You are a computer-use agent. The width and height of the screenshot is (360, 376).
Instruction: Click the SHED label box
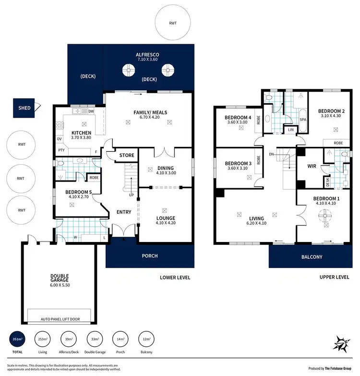(x=24, y=108)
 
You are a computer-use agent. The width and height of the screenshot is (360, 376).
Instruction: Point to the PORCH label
(x=149, y=256)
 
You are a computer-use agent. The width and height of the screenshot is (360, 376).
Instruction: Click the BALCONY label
(x=312, y=257)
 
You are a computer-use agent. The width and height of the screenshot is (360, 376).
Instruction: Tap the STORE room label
(x=126, y=155)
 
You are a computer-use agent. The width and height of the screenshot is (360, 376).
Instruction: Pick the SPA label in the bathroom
(x=303, y=119)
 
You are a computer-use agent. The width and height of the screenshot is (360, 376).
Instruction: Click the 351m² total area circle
(x=17, y=340)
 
